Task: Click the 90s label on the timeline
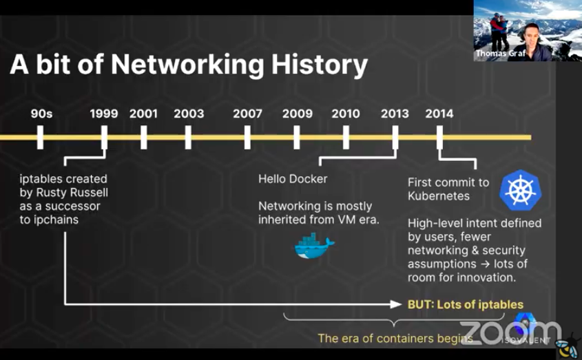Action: click(x=41, y=114)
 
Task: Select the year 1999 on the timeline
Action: click(x=104, y=114)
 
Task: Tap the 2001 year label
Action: click(x=144, y=114)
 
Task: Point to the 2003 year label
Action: click(x=189, y=114)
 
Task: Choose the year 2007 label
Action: click(x=247, y=114)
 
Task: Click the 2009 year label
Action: click(x=298, y=114)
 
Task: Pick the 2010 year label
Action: click(x=346, y=114)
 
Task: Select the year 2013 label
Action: click(x=395, y=114)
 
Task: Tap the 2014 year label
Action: click(x=439, y=114)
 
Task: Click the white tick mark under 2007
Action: click(x=247, y=137)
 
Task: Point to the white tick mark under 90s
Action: click(x=40, y=137)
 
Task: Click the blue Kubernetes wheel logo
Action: click(x=521, y=191)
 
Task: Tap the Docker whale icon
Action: click(x=314, y=245)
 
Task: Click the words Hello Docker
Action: click(x=293, y=179)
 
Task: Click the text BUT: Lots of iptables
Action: click(x=466, y=305)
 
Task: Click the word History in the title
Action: click(x=320, y=65)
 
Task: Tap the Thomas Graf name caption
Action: click(x=501, y=53)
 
